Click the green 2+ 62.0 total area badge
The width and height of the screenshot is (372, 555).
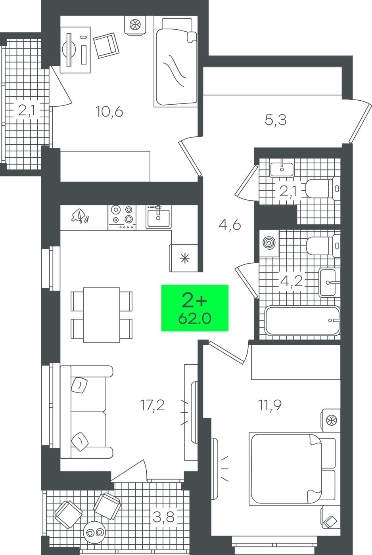coord(195,308)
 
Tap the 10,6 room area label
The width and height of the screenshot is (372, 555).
coord(109,112)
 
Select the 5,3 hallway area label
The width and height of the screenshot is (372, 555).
coord(275,120)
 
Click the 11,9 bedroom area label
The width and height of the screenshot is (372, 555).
coord(270,405)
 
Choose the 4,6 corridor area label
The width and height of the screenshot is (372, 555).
coord(230,225)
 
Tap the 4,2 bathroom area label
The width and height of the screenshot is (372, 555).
coord(291,281)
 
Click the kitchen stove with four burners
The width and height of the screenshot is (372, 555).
coord(122,217)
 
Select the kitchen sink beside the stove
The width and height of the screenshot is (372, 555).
coord(158,217)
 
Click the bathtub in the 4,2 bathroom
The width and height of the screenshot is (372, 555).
coord(302,321)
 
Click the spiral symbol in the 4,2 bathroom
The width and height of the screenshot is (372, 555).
coord(269,242)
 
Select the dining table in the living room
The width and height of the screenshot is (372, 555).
coord(102,315)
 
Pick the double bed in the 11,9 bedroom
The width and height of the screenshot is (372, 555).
coord(293,468)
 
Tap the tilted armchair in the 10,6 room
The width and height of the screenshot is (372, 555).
coord(106,46)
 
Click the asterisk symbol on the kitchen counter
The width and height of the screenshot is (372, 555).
coord(185,258)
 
